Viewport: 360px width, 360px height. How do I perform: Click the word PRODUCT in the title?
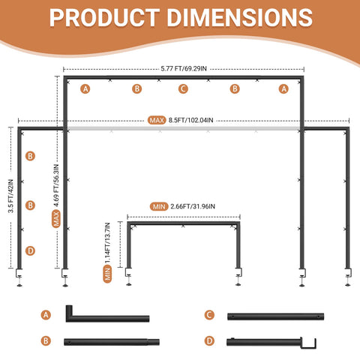point(104,17)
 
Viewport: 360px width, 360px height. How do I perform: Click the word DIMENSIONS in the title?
point(240,17)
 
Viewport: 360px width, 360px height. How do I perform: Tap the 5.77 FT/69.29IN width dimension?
point(184,68)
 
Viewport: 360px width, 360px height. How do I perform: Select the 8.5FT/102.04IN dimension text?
point(190,120)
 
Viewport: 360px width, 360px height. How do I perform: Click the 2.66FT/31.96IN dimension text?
point(193,206)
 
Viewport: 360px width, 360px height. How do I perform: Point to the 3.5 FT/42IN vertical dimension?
point(10,196)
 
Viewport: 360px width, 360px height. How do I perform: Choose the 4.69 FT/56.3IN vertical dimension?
point(56,185)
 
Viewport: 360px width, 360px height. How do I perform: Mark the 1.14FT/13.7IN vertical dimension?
point(107,243)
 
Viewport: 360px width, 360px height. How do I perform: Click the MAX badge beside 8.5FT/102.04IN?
point(157,120)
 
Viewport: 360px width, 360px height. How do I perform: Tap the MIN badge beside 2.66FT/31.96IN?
point(159,207)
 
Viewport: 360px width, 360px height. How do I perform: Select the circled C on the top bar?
point(183,88)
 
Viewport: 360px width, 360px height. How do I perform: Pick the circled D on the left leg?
point(30,250)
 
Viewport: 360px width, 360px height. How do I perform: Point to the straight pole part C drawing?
point(275,316)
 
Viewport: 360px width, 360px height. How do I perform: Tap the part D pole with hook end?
point(271,342)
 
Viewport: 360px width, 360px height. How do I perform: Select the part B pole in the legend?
point(112,342)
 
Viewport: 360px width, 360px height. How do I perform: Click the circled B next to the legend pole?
point(46,340)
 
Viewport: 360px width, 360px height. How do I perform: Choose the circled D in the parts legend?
point(209,340)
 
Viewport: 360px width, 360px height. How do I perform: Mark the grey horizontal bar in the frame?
point(184,129)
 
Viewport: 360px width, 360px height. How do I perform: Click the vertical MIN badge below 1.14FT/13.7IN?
point(107,274)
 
